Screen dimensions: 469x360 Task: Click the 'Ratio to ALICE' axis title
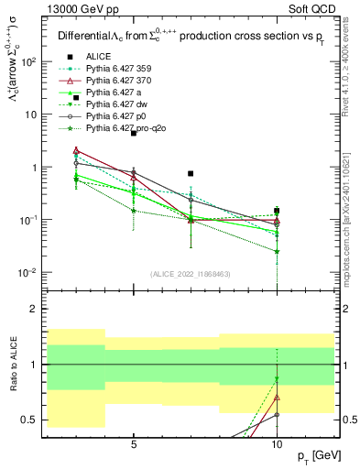click(x=12, y=364)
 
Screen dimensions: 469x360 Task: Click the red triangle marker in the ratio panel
click(x=277, y=398)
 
